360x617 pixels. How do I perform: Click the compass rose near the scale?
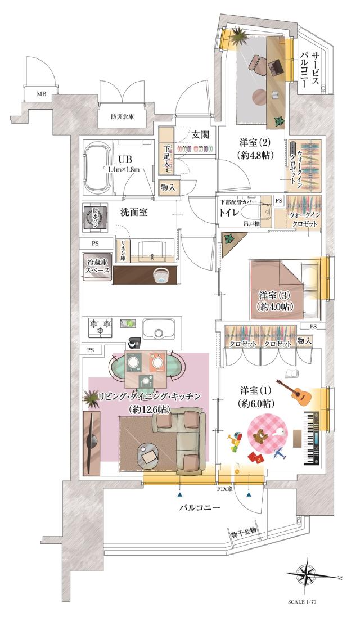pos(308,575)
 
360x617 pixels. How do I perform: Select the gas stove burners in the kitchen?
pos(100,326)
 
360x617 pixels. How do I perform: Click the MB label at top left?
pos(42,93)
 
